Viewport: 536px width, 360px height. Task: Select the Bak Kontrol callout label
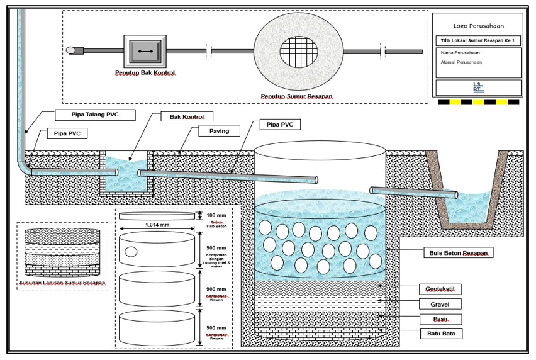(187, 116)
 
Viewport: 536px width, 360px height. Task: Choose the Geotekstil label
(440, 289)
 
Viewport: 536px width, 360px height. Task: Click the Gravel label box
(440, 303)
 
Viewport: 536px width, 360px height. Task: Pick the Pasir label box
(440, 318)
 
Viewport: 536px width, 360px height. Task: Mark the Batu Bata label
(440, 332)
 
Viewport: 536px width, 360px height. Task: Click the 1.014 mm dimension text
(158, 224)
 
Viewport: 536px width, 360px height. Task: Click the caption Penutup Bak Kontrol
(145, 73)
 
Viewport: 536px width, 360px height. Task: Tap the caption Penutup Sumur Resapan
(296, 97)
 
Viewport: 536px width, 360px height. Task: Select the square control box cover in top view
(145, 50)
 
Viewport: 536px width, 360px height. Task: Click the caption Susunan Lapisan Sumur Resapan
(61, 283)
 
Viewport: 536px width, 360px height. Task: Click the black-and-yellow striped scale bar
(478, 102)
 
